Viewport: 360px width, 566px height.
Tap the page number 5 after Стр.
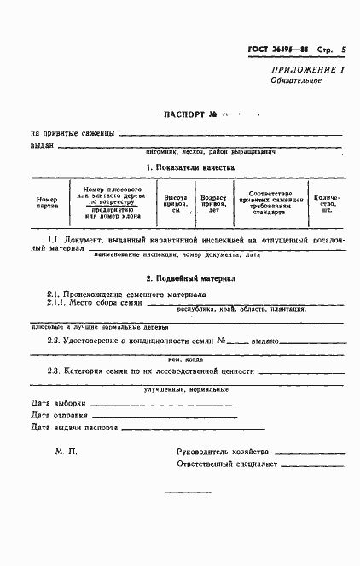pos(343,50)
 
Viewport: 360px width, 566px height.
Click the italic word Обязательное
pos(296,80)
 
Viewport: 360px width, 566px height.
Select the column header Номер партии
pos(47,202)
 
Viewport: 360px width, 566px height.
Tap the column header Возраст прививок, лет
pos(212,202)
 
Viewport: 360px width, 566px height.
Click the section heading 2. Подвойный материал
pos(190,278)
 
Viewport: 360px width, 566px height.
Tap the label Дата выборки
pos(59,403)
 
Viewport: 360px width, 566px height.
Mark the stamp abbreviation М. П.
pos(65,451)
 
